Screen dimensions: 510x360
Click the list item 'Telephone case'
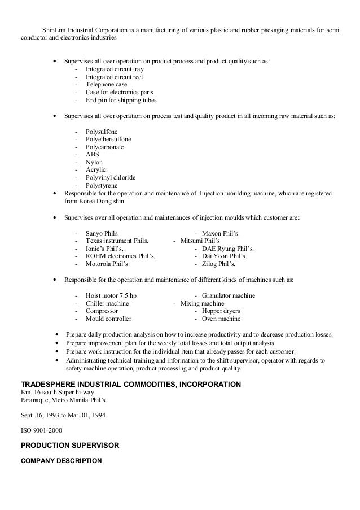click(x=106, y=85)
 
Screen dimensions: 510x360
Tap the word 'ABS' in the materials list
click(x=91, y=154)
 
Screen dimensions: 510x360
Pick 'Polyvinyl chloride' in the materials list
click(x=111, y=177)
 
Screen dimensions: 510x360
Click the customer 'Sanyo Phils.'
click(x=102, y=233)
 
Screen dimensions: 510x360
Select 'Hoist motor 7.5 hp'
click(x=111, y=295)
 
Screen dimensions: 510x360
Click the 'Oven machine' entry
click(x=221, y=319)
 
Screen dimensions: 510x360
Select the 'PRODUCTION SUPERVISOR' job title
click(x=70, y=446)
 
